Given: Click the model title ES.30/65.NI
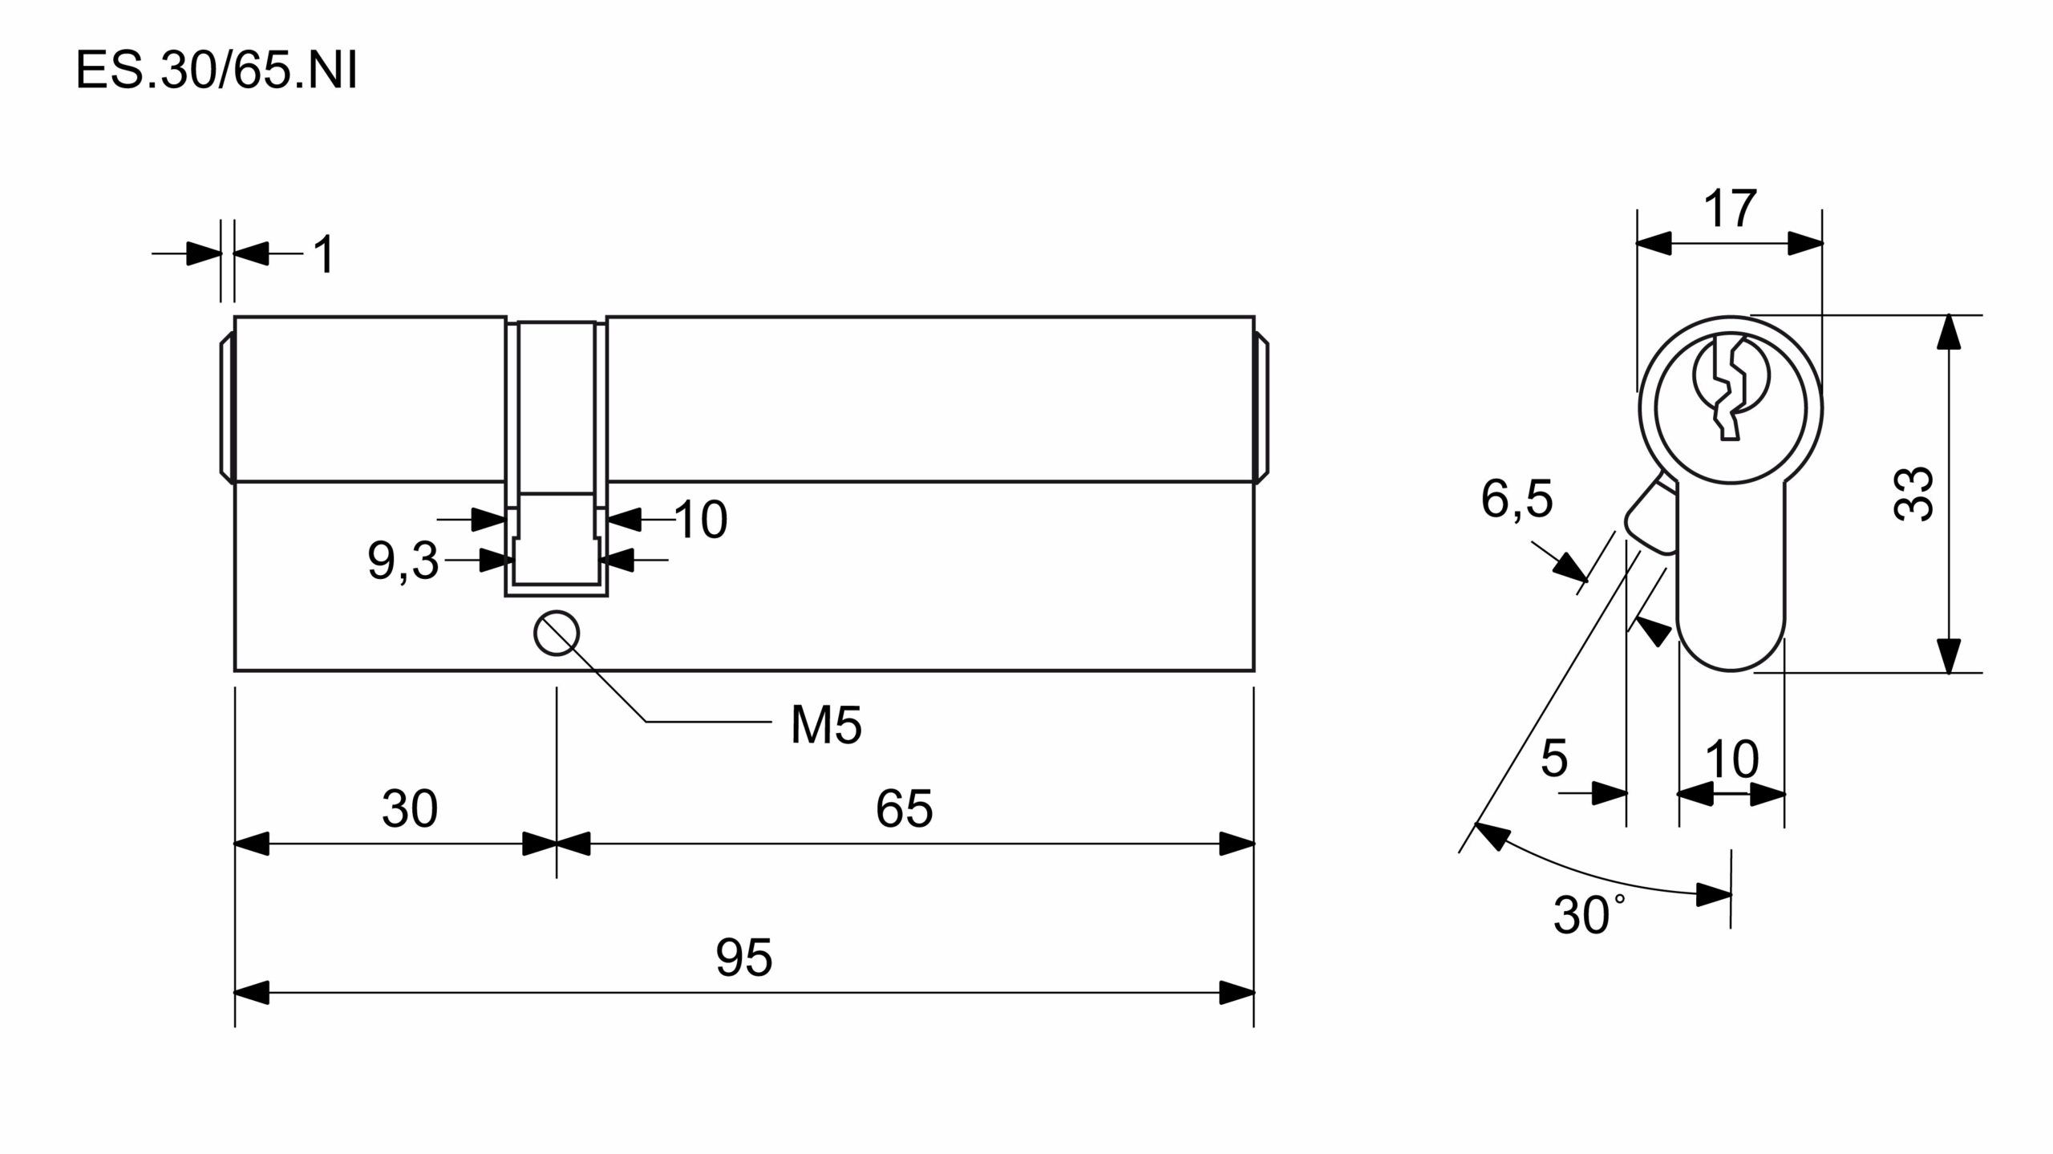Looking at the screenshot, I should point(216,71).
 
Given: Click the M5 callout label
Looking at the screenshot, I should point(825,726).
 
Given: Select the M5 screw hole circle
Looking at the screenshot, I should point(557,634).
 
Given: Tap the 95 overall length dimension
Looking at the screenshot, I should point(743,958).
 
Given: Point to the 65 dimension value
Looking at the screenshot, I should point(904,808).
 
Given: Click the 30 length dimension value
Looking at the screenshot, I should point(410,808).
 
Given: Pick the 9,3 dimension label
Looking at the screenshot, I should point(403,561).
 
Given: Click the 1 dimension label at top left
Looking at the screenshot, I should point(323,256).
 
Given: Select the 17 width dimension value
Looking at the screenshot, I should point(1730,209).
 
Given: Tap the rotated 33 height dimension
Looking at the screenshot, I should point(1913,494).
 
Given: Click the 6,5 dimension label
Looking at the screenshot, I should point(1516,499).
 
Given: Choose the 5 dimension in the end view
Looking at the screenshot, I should point(1553,758).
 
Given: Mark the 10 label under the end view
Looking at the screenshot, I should point(1731,759).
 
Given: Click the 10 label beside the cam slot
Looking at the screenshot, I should point(701,520).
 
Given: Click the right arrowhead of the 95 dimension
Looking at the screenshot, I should point(1237,993).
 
